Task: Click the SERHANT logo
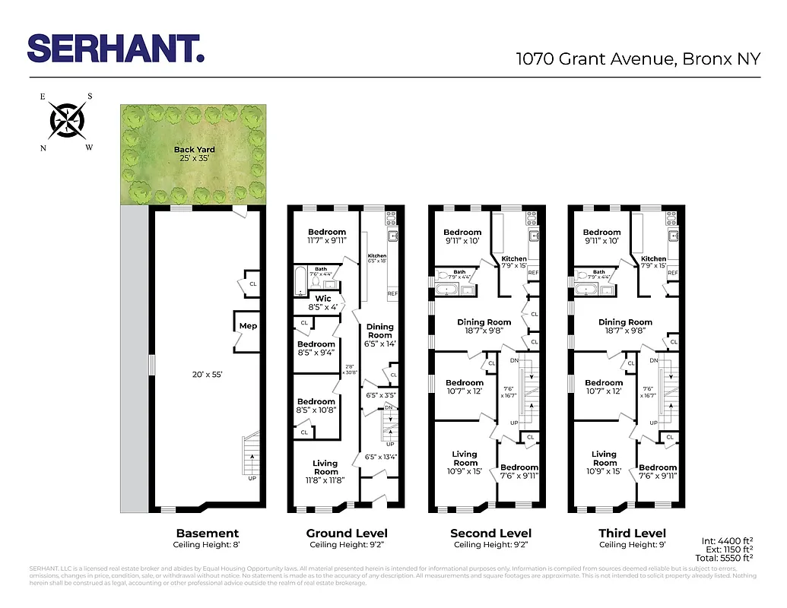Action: (x=116, y=48)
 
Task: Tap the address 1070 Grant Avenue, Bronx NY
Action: (x=637, y=59)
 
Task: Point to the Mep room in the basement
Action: (x=248, y=326)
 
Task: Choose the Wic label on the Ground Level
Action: (x=323, y=299)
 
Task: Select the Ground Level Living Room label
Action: (x=325, y=467)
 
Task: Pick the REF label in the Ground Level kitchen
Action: (x=392, y=293)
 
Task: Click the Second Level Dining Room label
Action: (x=484, y=322)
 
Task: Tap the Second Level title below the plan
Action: (x=490, y=534)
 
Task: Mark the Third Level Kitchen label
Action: (x=654, y=259)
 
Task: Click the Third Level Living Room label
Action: (x=605, y=458)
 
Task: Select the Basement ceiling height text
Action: (x=208, y=545)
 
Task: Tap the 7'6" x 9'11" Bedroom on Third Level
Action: (x=658, y=471)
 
